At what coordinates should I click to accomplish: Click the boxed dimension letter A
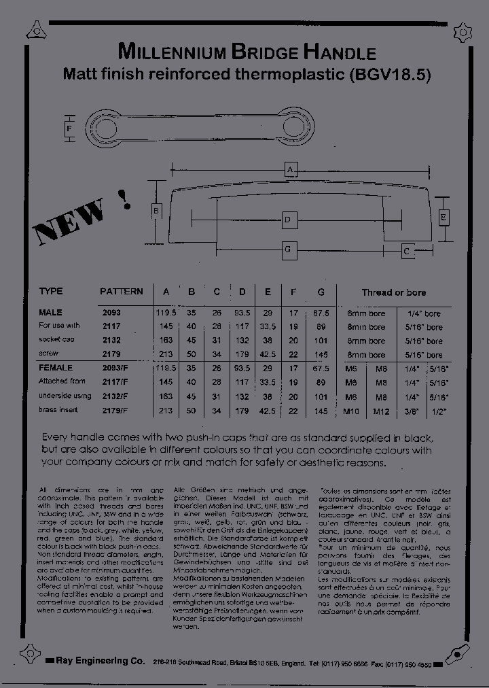pos(290,169)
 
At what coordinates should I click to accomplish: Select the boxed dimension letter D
pos(288,220)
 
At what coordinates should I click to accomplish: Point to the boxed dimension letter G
pos(288,250)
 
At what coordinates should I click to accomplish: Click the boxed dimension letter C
pos(406,251)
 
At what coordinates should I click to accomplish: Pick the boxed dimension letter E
pos(443,218)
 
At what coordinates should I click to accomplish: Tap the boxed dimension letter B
pos(156,211)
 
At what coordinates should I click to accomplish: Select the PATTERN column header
pos(122,292)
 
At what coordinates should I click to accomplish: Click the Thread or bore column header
pos(393,292)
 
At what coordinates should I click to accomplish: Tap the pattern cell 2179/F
pos(115,411)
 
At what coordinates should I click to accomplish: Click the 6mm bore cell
pos(366,313)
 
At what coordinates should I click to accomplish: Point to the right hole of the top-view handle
pos(298,127)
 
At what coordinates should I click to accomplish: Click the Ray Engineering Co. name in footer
pos(101,661)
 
